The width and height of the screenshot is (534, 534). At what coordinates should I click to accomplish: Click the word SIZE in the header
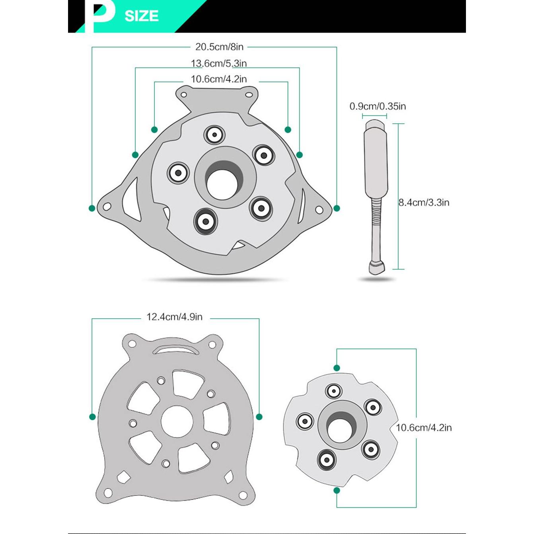(141, 16)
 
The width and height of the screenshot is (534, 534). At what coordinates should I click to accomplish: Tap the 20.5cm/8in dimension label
(219, 47)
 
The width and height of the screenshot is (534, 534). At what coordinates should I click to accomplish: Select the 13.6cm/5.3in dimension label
(218, 63)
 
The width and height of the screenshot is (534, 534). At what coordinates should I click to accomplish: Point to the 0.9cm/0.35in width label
(378, 106)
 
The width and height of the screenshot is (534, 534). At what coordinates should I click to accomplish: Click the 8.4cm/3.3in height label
(424, 203)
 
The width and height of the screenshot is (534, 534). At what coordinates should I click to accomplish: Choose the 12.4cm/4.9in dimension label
(174, 317)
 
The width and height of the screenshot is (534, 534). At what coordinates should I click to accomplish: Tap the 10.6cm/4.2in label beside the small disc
(424, 428)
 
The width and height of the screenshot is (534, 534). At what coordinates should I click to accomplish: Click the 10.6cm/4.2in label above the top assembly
(218, 79)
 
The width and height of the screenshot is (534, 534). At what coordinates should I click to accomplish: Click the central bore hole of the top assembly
(222, 185)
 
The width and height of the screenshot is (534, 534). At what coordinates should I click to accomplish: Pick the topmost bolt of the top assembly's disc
(214, 135)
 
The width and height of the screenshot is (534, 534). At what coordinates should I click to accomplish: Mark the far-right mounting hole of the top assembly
(319, 210)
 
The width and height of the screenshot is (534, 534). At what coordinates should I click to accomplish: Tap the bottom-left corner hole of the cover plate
(108, 493)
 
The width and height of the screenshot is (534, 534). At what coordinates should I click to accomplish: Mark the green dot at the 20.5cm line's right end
(337, 209)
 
